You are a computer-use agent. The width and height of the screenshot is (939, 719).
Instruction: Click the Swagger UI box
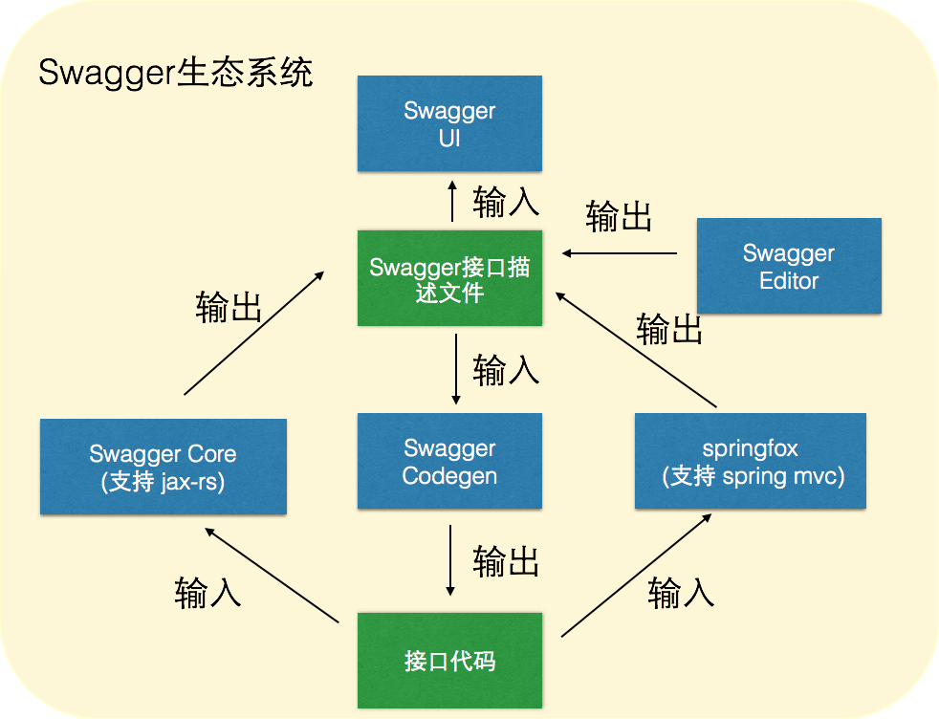click(x=449, y=124)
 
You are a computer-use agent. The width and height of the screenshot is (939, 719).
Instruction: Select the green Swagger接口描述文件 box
click(x=449, y=278)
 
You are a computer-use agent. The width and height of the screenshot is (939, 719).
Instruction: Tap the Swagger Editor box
click(x=789, y=267)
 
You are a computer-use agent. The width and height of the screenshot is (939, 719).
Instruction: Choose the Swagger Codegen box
click(x=449, y=461)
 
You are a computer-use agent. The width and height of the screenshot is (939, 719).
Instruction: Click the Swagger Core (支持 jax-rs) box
click(x=163, y=467)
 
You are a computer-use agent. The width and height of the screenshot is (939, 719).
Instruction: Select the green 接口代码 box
click(x=449, y=661)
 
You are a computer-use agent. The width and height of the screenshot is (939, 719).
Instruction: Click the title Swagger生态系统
click(x=176, y=73)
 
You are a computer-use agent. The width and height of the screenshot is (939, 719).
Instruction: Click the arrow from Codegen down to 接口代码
click(x=450, y=559)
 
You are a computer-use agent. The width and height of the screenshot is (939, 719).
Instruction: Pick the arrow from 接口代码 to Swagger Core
click(x=273, y=574)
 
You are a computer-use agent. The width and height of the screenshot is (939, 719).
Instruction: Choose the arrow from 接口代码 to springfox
click(x=636, y=574)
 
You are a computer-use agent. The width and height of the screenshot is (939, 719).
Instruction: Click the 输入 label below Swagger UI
click(x=506, y=203)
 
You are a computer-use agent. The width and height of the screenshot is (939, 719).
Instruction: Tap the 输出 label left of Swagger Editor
click(x=619, y=217)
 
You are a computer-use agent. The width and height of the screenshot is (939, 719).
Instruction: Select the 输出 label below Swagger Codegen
click(x=506, y=561)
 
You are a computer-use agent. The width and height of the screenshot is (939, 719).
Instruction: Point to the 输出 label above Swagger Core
click(x=229, y=307)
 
